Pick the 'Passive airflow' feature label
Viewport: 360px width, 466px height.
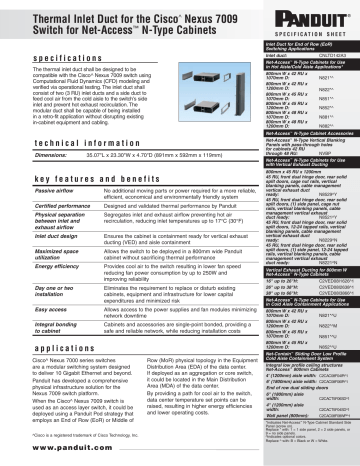pyautogui.click(x=29, y=189)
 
